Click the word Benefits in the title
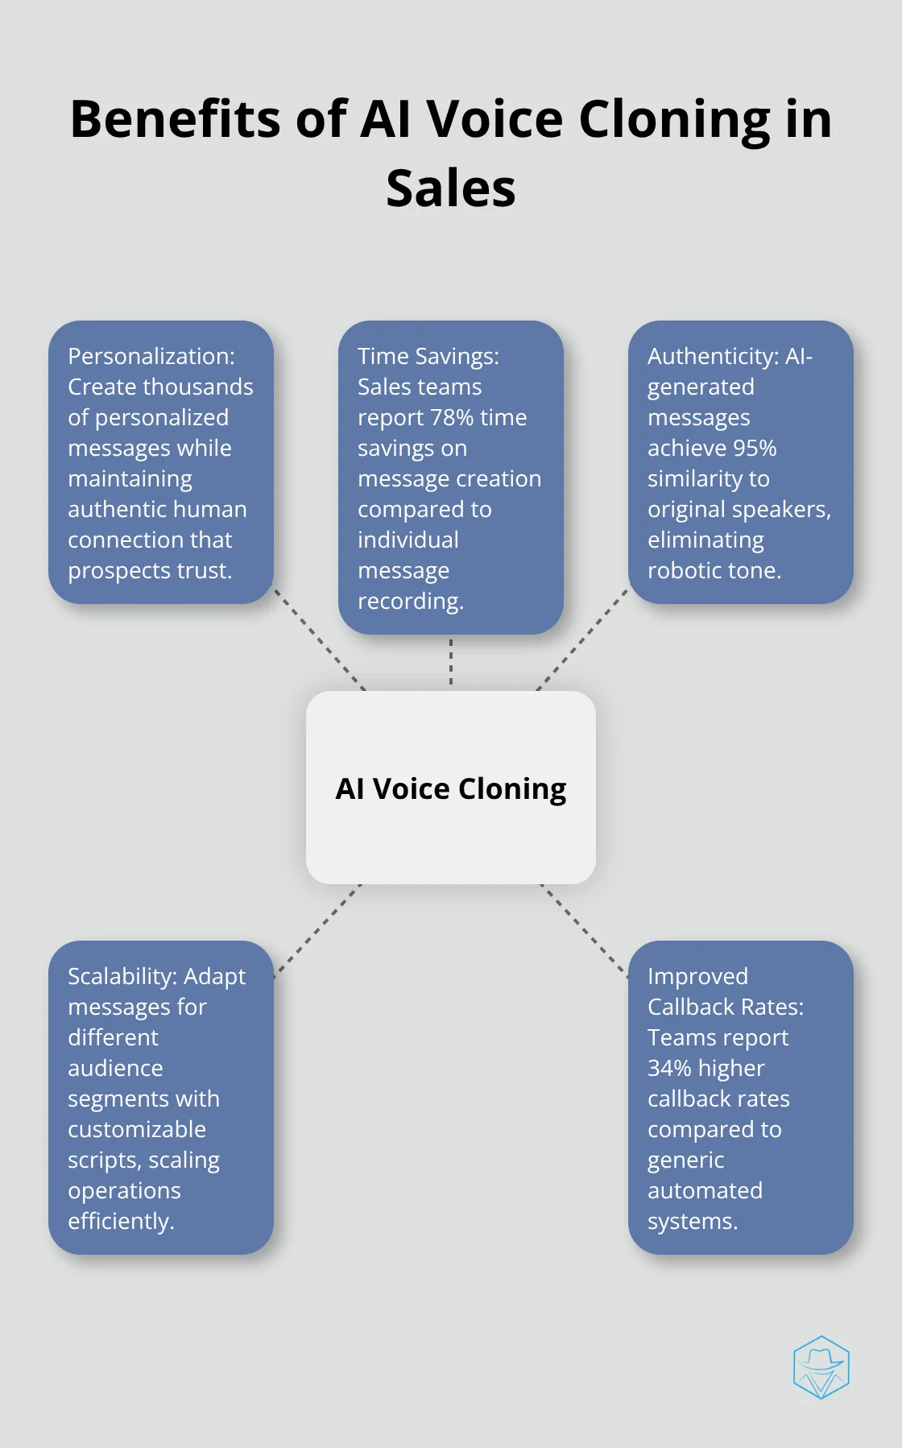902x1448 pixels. coord(176,119)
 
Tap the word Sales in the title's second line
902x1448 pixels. coord(450,188)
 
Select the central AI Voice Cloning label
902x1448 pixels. coord(450,788)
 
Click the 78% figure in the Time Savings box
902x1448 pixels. coord(453,417)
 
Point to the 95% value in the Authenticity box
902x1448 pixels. coord(755,448)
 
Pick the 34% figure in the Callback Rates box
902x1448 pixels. coord(669,1068)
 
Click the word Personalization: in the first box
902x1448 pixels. coord(151,356)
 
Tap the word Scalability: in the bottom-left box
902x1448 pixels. coord(122,976)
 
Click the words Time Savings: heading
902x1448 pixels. coord(428,356)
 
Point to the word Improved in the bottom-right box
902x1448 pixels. coord(697,976)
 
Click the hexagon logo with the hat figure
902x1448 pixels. coord(821,1367)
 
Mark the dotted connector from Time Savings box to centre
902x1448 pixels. coord(451,662)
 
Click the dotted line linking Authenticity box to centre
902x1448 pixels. coord(581,639)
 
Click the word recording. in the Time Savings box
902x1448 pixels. coord(410,601)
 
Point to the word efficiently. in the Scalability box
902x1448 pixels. coord(121,1221)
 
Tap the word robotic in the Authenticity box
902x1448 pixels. coord(685,570)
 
